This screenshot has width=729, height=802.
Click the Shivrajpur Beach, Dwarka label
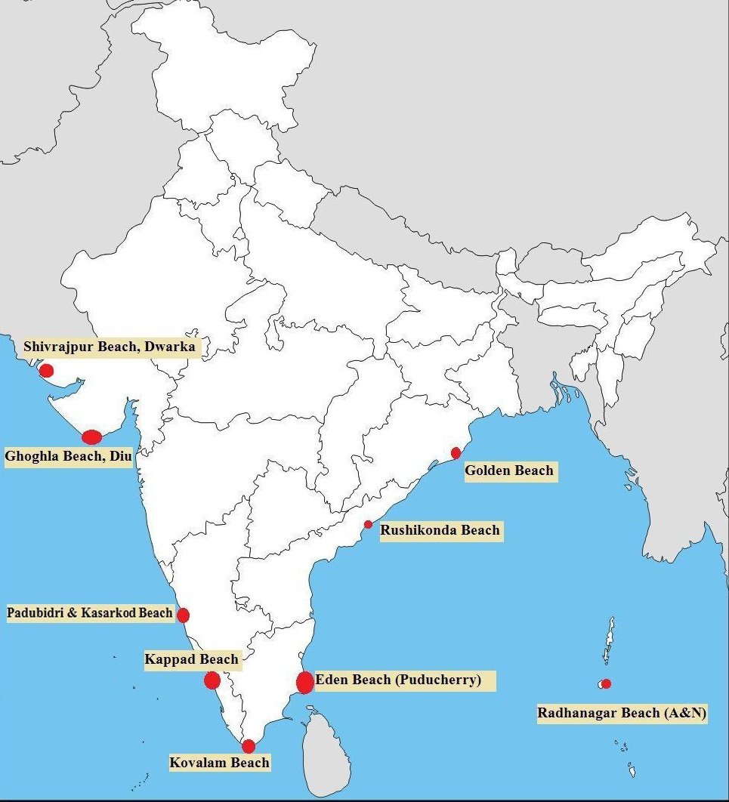(110, 347)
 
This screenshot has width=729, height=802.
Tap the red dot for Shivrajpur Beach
(47, 370)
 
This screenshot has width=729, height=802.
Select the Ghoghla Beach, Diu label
(69, 457)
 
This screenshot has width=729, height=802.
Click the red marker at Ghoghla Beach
(91, 436)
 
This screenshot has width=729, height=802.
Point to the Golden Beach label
(509, 470)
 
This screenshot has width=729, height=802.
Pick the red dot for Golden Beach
(456, 453)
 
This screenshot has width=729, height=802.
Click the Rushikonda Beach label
(440, 530)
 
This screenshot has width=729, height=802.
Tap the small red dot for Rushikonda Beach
(368, 524)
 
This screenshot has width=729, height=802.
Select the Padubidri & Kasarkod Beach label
(90, 612)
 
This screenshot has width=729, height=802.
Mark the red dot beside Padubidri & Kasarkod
(183, 615)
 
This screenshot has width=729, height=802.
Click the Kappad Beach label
(191, 659)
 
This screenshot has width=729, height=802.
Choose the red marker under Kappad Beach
(212, 680)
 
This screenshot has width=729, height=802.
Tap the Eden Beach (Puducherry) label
(398, 680)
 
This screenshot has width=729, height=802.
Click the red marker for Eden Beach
(305, 682)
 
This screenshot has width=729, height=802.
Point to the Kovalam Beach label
(219, 763)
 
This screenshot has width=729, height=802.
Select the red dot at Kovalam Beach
(249, 746)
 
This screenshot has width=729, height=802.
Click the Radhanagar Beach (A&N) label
(622, 713)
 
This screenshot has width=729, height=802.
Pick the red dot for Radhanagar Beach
(606, 683)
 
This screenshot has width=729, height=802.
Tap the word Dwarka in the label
(171, 347)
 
